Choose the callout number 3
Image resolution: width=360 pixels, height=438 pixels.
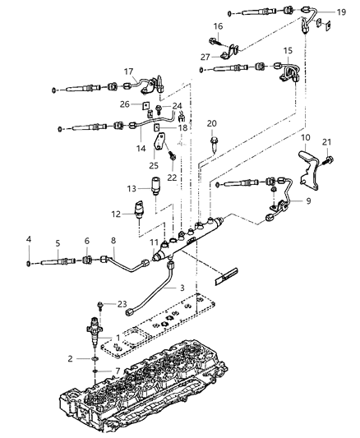click(171, 288)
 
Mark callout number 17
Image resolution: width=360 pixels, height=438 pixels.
click(128, 71)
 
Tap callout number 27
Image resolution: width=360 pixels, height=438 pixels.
click(205, 57)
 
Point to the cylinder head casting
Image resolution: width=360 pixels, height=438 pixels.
click(164, 386)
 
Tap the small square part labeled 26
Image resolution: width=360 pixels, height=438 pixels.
click(144, 108)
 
